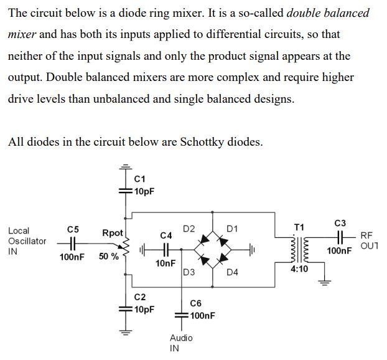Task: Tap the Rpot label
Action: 113,233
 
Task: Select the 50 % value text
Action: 108,257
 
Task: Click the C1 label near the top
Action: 140,179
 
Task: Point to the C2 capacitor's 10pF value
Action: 144,310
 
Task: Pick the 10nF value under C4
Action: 166,263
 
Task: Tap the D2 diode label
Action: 189,229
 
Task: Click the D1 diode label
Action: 231,229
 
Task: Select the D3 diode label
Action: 189,272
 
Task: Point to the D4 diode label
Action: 232,272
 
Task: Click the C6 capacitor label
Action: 195,303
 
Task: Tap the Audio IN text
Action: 181,343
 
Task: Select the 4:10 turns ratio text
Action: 299,269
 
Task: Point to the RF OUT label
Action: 368,240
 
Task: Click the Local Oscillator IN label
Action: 27,241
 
